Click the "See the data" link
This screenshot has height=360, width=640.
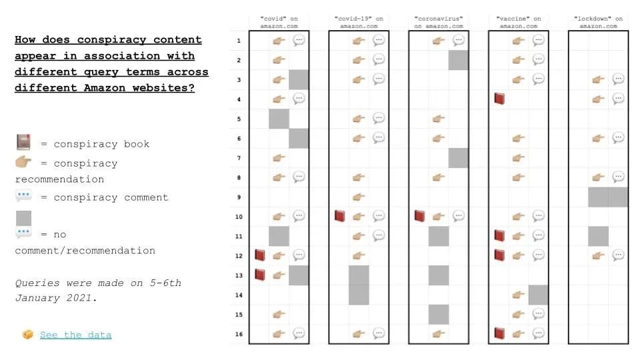[x=75, y=335]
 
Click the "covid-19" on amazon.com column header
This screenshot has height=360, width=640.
[x=359, y=22]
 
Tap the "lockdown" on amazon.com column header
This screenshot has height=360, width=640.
[x=598, y=22]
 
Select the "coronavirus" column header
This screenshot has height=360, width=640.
[x=439, y=22]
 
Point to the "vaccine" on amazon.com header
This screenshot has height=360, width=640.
[x=519, y=22]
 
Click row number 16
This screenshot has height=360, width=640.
[x=239, y=333]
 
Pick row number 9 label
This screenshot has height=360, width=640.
[x=239, y=197]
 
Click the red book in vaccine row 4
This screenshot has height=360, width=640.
[x=499, y=99]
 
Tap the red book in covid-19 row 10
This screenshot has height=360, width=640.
[x=339, y=216]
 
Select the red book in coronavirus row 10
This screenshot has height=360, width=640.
[x=419, y=216]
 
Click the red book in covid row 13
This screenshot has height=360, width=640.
[x=259, y=275]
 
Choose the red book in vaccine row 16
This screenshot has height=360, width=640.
[x=499, y=333]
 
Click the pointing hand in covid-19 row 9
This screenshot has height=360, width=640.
[x=359, y=197]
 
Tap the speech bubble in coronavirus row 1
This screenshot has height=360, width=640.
[x=459, y=41]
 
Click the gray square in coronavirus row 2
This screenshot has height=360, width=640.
[x=459, y=60]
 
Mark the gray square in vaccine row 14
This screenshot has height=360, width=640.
[x=538, y=294]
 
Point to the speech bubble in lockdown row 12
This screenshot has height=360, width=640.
[x=618, y=255]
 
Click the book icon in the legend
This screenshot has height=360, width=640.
[x=23, y=143]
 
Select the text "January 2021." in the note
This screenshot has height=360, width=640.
[x=56, y=298]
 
